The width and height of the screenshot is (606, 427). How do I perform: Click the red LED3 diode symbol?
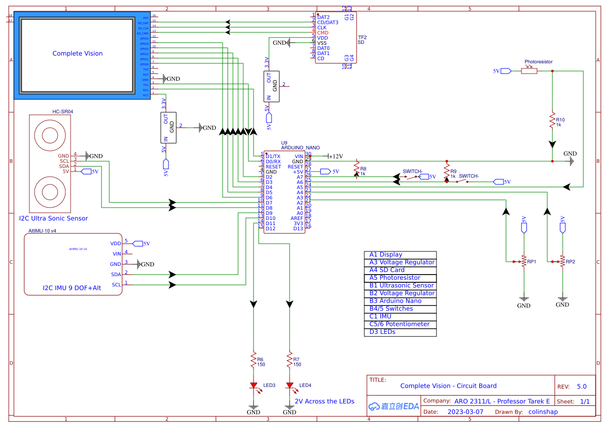pyautogui.click(x=253, y=385)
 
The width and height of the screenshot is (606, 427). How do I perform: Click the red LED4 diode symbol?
pyautogui.click(x=290, y=385)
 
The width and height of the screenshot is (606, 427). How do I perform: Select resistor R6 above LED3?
pyautogui.click(x=253, y=359)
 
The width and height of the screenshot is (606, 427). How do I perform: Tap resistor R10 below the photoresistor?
pyautogui.click(x=552, y=119)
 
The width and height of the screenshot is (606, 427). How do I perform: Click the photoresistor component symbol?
pyautogui.click(x=529, y=71)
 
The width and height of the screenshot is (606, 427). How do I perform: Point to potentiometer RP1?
pyautogui.click(x=524, y=261)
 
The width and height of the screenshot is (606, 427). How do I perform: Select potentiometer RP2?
pyautogui.click(x=562, y=261)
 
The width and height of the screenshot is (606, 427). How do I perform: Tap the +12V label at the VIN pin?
pyautogui.click(x=335, y=157)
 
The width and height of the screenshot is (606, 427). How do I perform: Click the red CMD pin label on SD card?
pyautogui.click(x=323, y=33)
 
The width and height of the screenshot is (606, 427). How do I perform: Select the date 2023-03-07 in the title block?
pyautogui.click(x=465, y=412)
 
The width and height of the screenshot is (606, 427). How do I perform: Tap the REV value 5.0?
pyautogui.click(x=581, y=386)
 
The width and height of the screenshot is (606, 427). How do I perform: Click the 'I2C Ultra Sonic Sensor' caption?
pyautogui.click(x=53, y=218)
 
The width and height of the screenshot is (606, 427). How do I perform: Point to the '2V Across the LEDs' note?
pyautogui.click(x=324, y=401)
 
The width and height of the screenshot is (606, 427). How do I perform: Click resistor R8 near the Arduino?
pyautogui.click(x=356, y=168)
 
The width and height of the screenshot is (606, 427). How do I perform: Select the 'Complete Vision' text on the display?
pyautogui.click(x=77, y=54)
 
